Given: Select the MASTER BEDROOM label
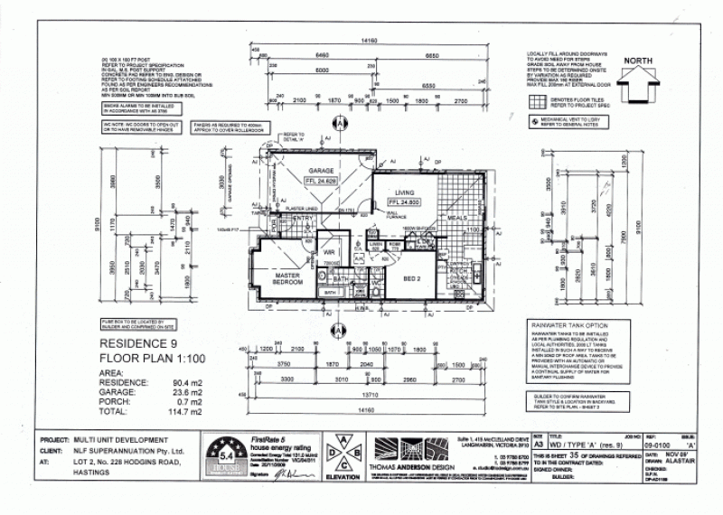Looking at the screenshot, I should click(289, 279).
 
